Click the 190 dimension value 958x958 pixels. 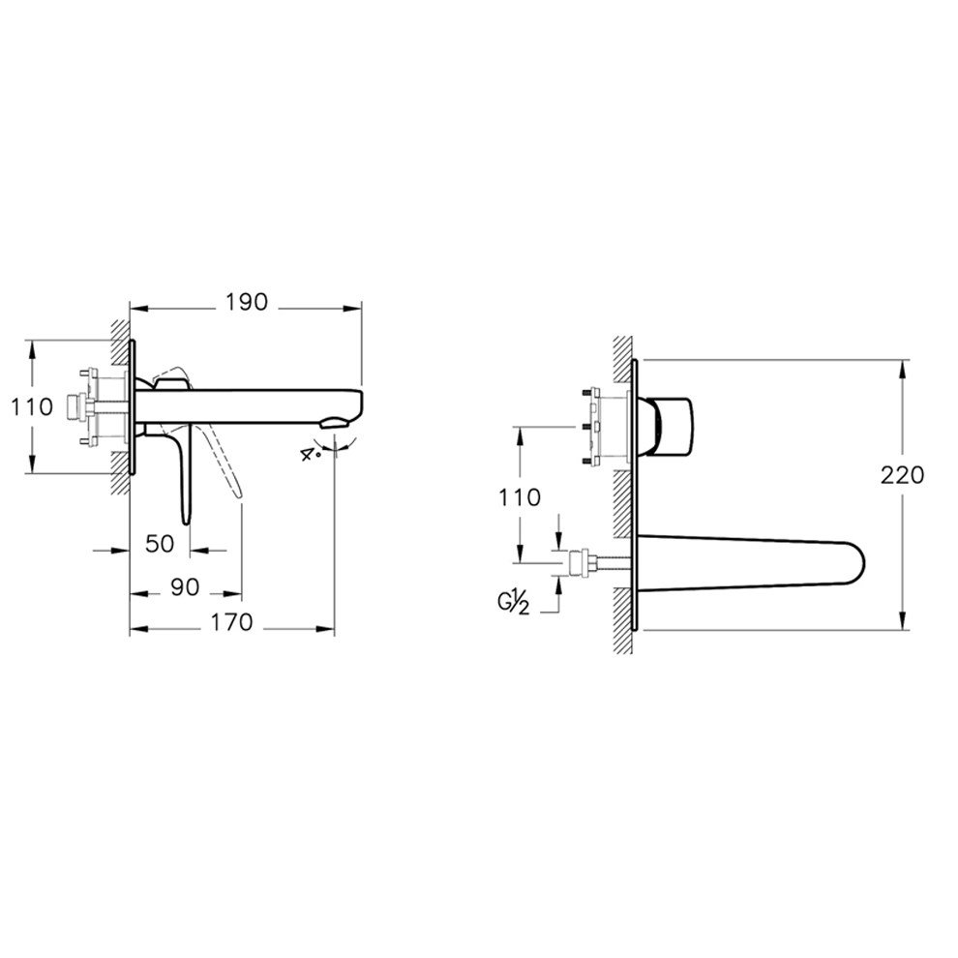click(x=247, y=302)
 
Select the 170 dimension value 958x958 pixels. click(x=233, y=622)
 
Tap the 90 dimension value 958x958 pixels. click(x=186, y=586)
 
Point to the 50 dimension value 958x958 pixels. click(x=160, y=544)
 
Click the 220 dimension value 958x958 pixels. click(x=903, y=475)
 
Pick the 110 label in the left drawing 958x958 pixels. click(x=33, y=406)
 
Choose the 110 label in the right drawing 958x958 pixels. click(x=521, y=498)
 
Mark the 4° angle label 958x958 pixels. click(x=311, y=452)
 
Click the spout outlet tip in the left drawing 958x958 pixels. click(x=334, y=422)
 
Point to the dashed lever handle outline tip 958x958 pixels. click(x=236, y=494)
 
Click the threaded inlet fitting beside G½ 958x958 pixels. click(x=583, y=561)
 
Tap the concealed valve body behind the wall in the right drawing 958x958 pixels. click(x=594, y=427)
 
